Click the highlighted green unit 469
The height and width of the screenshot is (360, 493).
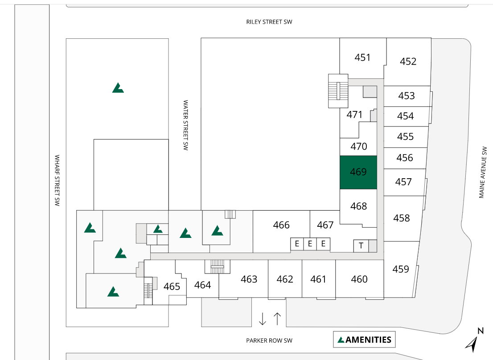(x=358, y=172)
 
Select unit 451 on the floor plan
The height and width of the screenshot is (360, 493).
(x=362, y=57)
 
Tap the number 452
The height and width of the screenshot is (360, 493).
(x=408, y=61)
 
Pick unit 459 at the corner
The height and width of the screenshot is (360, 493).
(x=401, y=269)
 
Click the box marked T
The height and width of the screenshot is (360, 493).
(x=361, y=245)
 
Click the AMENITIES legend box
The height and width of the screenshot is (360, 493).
(x=364, y=340)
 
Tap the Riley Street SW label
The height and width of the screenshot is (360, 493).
(x=269, y=22)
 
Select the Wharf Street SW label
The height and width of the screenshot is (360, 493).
(x=57, y=180)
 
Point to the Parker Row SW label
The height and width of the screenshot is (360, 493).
(x=269, y=340)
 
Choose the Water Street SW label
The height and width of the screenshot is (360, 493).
(x=185, y=125)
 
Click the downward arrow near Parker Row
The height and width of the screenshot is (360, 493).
(x=263, y=319)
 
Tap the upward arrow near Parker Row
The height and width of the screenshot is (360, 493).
(x=277, y=319)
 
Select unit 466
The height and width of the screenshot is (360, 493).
(x=281, y=225)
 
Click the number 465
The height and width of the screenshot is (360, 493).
(x=172, y=286)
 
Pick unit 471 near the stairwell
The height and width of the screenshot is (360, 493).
(x=354, y=115)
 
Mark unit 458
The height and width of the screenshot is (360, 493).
(x=401, y=218)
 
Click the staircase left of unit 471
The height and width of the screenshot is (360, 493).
(x=338, y=90)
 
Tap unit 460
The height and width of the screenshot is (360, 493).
(x=359, y=279)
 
